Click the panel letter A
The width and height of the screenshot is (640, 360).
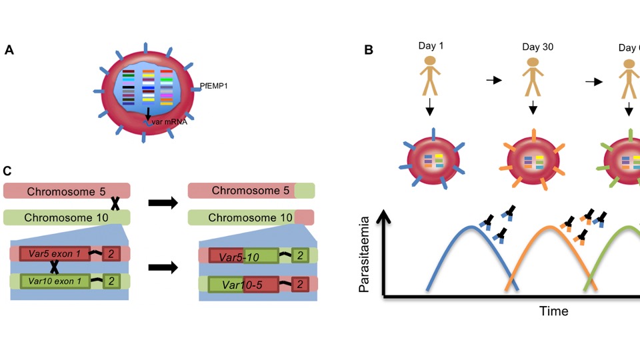[x=9, y=49]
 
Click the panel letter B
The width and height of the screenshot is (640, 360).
[x=368, y=49]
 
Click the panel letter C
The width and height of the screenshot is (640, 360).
[x=7, y=171]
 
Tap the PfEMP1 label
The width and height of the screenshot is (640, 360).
[x=214, y=86]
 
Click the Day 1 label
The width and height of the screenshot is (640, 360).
[x=431, y=46]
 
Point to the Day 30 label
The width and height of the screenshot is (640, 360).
[x=538, y=47]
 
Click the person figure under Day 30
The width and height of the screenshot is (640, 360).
[x=532, y=77]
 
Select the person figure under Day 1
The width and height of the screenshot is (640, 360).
[x=430, y=75]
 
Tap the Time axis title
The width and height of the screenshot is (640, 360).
[x=554, y=311]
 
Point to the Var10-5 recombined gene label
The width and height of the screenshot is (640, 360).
[x=241, y=285]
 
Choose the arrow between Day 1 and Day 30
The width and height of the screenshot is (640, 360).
[x=493, y=80]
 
